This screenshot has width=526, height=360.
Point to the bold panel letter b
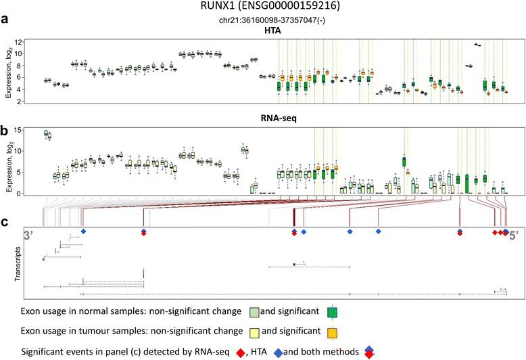[x=5, y=126]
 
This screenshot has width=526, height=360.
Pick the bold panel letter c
[x=5, y=220]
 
